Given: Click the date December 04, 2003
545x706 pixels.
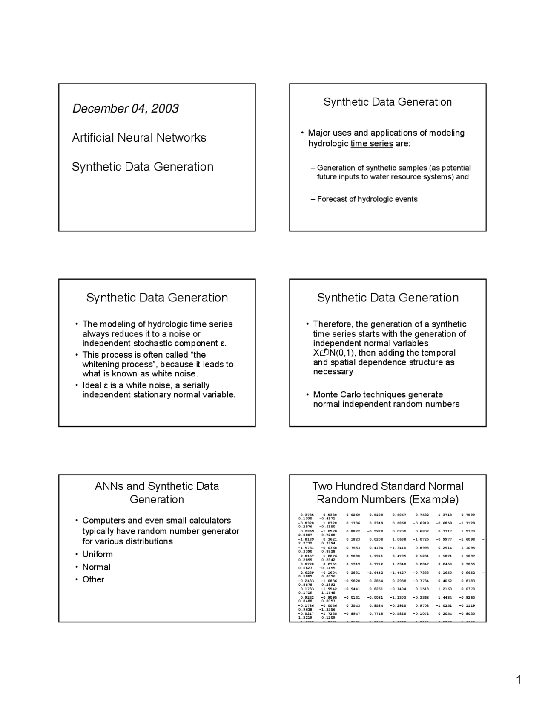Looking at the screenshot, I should (x=125, y=109).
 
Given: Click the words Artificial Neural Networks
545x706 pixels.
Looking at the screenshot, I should (x=139, y=138).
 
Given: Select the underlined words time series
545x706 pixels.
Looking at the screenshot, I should (x=372, y=144).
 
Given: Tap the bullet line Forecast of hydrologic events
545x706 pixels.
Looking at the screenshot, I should (x=367, y=199).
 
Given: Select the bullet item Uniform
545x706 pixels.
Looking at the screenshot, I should (x=98, y=554).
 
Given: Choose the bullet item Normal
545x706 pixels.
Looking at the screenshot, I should (x=96, y=567).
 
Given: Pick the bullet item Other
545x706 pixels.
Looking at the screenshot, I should (x=93, y=579).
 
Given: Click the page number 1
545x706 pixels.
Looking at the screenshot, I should (x=518, y=680).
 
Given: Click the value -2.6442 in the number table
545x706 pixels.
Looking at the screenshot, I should (x=375, y=573).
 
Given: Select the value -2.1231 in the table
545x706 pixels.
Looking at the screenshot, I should (x=421, y=556).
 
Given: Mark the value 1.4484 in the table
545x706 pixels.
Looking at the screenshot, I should (x=445, y=597).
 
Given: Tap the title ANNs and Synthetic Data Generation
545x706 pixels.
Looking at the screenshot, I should (x=157, y=493).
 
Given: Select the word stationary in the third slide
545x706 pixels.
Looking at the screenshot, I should (x=152, y=395).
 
